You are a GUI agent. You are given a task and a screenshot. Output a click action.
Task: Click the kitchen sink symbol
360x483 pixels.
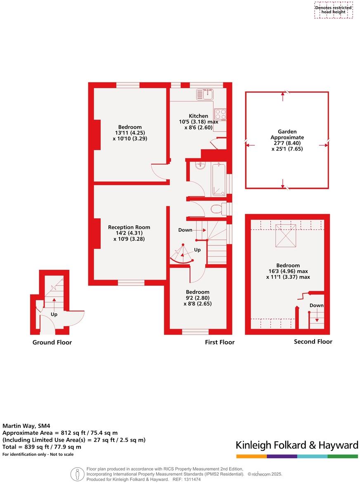click(x=204, y=94)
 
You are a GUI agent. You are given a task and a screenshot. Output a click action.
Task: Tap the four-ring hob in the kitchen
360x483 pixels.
click(x=220, y=114)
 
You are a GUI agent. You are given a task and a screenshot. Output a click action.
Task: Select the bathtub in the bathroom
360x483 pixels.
click(x=218, y=179)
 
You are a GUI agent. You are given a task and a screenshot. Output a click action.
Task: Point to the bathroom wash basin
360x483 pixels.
click(x=199, y=166)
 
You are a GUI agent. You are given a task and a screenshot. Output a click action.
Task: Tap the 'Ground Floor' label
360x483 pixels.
click(x=52, y=342)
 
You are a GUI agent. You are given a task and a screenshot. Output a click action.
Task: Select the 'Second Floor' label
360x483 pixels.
click(x=313, y=342)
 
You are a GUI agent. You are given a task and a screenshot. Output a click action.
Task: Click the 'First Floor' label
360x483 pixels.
click(x=220, y=342)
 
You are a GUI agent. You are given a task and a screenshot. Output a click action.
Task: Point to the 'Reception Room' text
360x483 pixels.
click(x=129, y=227)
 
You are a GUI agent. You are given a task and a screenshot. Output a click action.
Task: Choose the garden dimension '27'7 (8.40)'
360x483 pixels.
click(x=287, y=143)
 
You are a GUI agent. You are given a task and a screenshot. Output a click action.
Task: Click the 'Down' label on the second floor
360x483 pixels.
click(x=317, y=306)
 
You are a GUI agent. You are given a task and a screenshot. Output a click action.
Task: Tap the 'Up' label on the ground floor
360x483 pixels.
click(x=54, y=314)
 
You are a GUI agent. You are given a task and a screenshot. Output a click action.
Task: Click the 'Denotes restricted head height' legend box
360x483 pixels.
click(x=334, y=10)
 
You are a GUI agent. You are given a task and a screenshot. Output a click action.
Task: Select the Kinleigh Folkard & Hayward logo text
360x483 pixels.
click(x=297, y=445)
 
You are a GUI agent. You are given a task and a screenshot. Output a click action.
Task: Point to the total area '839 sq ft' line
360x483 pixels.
click(x=42, y=447)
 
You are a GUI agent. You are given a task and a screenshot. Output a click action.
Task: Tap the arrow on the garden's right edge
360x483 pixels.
click(x=323, y=145)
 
